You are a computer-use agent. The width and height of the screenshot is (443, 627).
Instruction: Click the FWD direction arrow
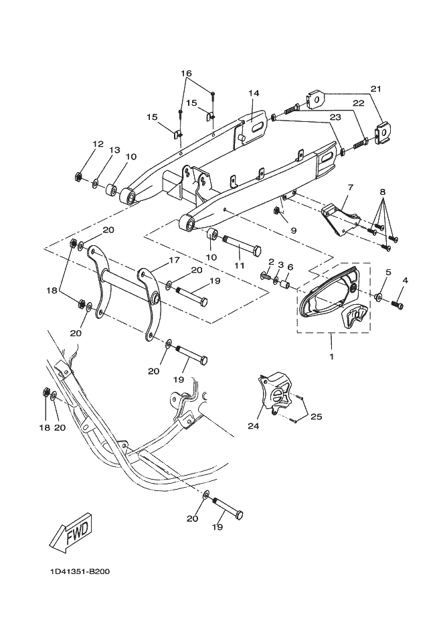pyautogui.click(x=72, y=533)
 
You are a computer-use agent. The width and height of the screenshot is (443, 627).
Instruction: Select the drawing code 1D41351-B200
pyautogui.click(x=80, y=571)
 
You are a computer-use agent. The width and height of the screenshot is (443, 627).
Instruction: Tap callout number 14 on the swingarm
pyautogui.click(x=254, y=93)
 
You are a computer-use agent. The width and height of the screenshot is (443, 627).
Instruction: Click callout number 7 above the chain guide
pyautogui.click(x=351, y=187)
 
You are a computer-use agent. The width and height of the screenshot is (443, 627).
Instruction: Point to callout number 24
pyautogui.click(x=253, y=426)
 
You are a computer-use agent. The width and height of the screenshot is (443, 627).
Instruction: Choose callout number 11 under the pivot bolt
pyautogui.click(x=240, y=265)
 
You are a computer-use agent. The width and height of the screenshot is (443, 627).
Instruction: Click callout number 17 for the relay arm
pyautogui.click(x=174, y=260)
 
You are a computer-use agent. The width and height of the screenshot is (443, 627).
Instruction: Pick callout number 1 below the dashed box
pyautogui.click(x=331, y=356)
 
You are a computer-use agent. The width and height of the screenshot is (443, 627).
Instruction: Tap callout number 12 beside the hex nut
pyautogui.click(x=98, y=143)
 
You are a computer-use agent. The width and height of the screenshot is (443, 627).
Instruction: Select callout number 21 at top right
pyautogui.click(x=376, y=89)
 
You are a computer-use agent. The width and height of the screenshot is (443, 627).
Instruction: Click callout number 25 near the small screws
pyautogui.click(x=317, y=417)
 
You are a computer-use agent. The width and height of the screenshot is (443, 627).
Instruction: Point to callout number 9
pyautogui.click(x=294, y=230)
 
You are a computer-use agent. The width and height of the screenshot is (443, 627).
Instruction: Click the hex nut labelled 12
pyautogui.click(x=79, y=176)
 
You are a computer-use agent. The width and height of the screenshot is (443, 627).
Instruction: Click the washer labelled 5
pyautogui.click(x=378, y=296)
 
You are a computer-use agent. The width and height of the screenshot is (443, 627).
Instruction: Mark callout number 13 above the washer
pyautogui.click(x=114, y=150)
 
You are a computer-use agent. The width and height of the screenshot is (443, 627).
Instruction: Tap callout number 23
pyautogui.click(x=335, y=117)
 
